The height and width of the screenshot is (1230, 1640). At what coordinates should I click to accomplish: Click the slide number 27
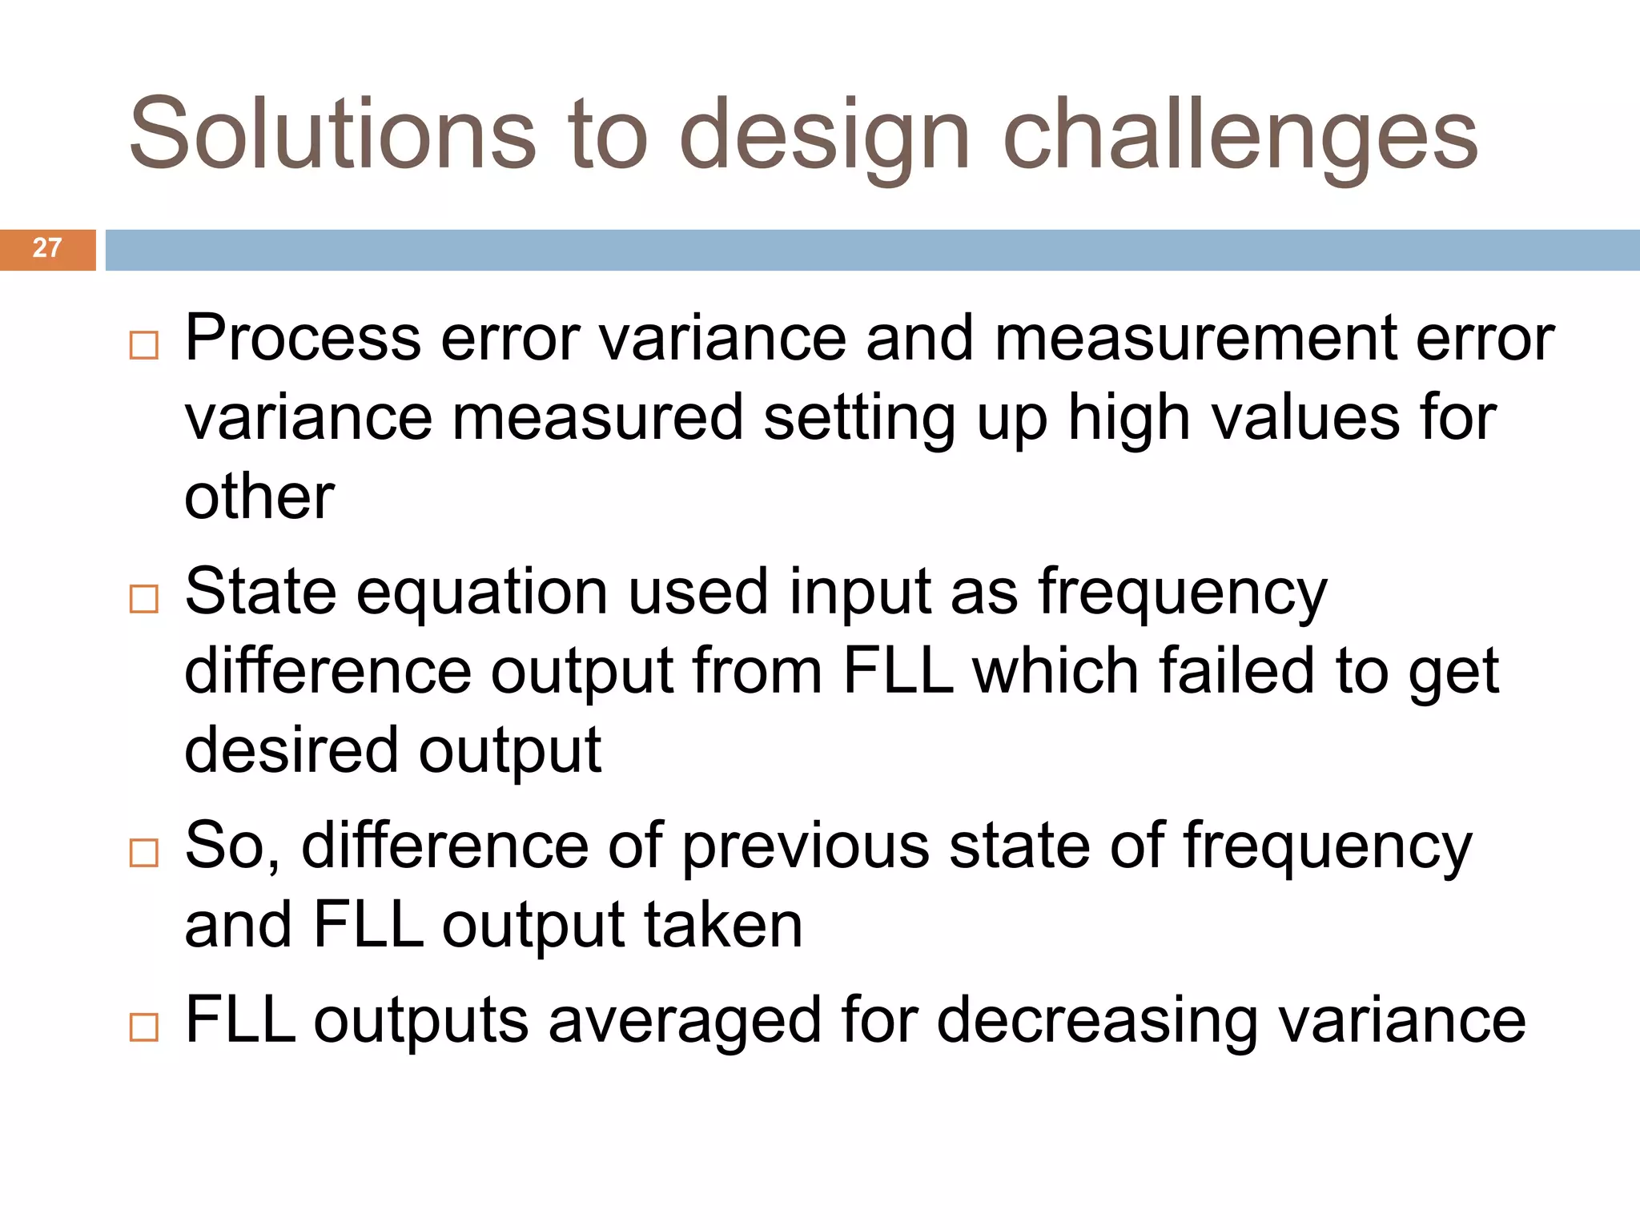tap(47, 248)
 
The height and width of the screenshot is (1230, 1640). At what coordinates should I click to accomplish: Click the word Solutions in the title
tap(332, 134)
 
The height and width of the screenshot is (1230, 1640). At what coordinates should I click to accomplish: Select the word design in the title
tap(825, 134)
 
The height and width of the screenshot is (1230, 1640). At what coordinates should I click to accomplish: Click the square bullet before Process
tap(144, 346)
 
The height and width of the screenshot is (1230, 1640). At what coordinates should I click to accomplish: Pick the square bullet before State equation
tap(144, 599)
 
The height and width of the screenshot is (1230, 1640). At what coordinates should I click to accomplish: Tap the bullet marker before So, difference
tap(144, 853)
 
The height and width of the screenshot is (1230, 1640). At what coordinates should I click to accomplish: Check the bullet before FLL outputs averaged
tap(144, 1027)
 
